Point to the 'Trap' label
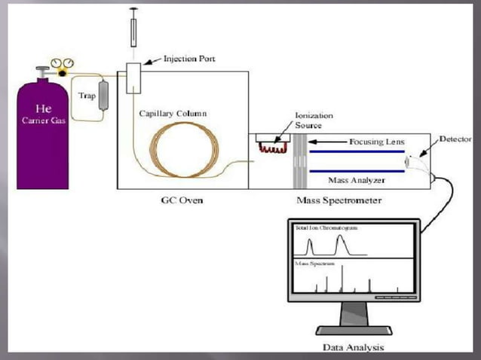(87, 96)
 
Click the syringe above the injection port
(134, 27)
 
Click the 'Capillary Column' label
(173, 113)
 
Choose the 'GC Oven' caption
(182, 201)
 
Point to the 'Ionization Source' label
(313, 121)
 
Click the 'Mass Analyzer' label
(357, 180)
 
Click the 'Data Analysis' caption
(353, 347)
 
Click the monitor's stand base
(354, 330)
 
